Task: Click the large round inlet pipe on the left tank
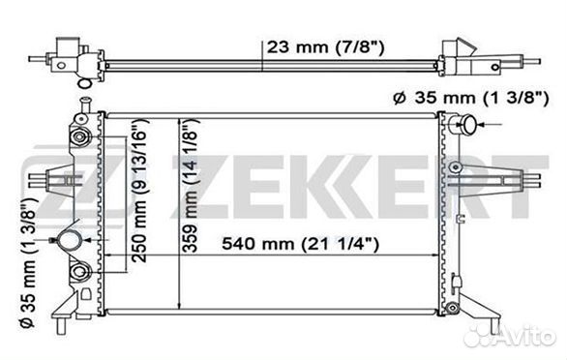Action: tap(70, 239)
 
